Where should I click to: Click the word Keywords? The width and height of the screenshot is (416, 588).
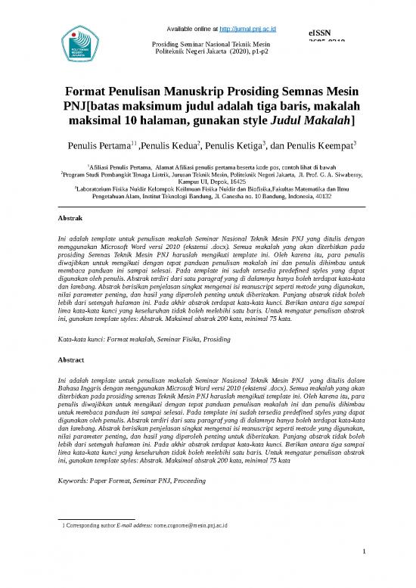click(x=76, y=481)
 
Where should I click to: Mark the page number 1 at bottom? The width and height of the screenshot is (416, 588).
click(x=364, y=572)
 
